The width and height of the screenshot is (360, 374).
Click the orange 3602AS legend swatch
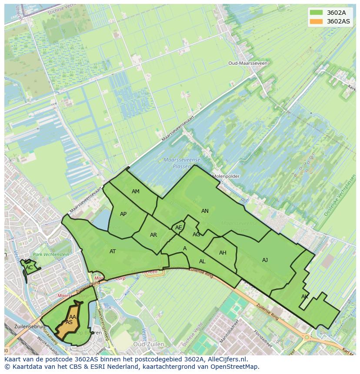coord(317,21)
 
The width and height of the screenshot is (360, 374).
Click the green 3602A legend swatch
coord(317,13)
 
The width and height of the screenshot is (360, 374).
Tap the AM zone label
coord(136,192)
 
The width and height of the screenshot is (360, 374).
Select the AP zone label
coord(123,214)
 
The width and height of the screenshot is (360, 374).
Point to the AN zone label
coord(205,211)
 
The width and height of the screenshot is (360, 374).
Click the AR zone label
coord(153,235)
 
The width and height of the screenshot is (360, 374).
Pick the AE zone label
coord(179,228)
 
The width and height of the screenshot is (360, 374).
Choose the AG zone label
coord(197,235)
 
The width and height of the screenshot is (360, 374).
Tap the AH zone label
coord(223,253)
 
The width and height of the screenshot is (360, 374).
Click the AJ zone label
coord(265,260)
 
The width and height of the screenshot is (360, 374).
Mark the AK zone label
coord(305,297)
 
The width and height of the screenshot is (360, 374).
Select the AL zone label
coord(202,261)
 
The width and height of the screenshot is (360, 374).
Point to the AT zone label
coord(113,252)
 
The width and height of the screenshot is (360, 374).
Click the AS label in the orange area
coord(69,322)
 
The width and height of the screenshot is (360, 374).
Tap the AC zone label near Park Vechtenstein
coord(29,268)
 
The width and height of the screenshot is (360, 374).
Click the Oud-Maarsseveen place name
coord(248,63)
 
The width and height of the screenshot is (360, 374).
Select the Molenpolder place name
coord(226,176)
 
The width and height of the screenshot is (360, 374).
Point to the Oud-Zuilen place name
coord(148,344)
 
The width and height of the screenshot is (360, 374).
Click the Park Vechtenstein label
coord(51,254)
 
